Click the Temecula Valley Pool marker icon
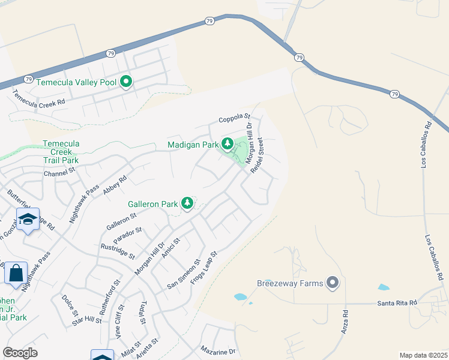125,82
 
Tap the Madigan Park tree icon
227,144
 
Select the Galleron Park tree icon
188,203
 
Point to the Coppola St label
233,119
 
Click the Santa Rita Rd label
397,303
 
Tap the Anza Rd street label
345,322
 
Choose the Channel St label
58,173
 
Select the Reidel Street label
257,156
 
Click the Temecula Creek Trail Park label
61,152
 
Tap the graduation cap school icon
28,220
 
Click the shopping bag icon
15,274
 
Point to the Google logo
20,353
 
